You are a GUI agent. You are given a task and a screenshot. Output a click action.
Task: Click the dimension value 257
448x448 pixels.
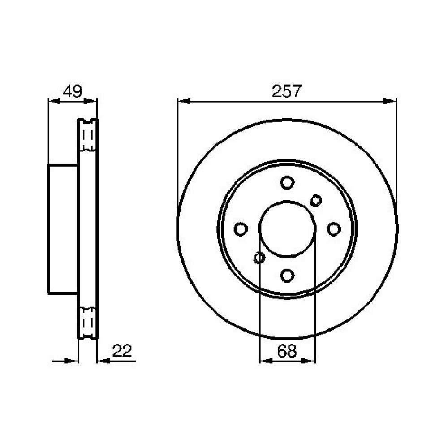click(287, 91)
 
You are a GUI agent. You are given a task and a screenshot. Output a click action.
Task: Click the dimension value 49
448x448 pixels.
click(73, 91)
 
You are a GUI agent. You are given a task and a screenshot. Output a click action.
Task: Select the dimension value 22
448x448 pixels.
click(122, 351)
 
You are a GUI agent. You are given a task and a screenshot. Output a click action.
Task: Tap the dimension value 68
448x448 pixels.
click(287, 351)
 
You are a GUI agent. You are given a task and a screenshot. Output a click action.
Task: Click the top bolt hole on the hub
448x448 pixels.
click(287, 183)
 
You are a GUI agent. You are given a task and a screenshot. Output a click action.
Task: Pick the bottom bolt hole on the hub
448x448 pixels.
click(287, 276)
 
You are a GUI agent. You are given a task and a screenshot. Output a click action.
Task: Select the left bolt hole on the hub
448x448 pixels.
click(241, 229)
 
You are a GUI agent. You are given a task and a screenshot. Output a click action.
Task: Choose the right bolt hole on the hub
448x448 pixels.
click(334, 229)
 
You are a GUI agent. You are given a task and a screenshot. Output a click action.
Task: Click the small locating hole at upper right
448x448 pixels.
click(316, 200)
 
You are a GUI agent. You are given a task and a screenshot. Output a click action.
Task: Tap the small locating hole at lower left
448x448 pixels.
click(259, 258)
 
